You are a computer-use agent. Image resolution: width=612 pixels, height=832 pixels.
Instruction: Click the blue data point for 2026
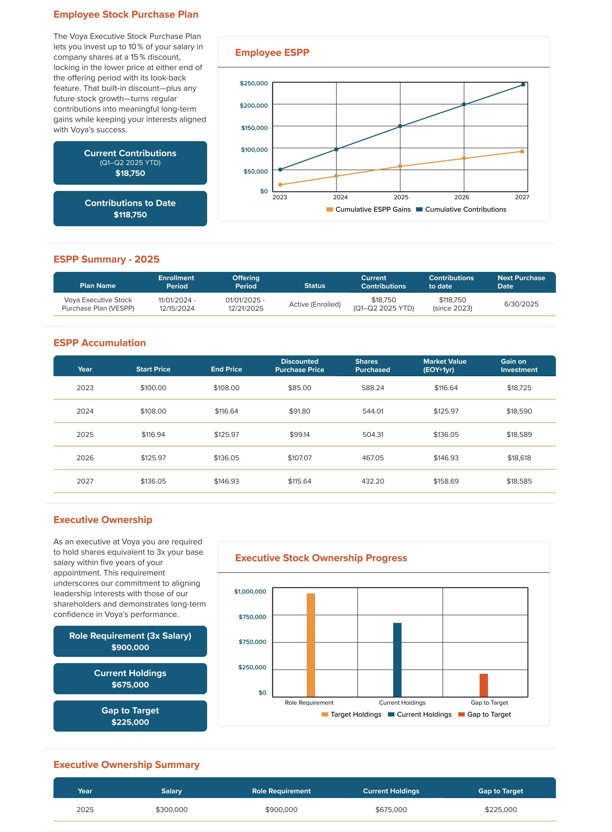pos(464,104)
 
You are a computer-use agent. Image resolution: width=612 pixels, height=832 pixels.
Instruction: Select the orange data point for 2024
pos(336,176)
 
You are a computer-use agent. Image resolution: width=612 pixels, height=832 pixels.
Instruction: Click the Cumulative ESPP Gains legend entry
pos(369,210)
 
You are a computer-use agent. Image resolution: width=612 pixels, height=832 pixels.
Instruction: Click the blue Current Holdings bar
pos(397,659)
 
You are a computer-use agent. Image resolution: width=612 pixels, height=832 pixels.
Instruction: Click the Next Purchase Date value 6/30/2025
pos(521,304)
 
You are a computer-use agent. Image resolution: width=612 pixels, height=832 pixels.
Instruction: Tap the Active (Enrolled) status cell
pos(315,304)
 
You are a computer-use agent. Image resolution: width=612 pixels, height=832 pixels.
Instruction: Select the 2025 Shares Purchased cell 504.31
pos(373,434)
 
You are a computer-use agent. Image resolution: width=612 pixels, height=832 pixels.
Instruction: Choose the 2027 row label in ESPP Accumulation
pos(85,481)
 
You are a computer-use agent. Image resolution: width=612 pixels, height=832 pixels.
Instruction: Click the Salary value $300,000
pos(172,809)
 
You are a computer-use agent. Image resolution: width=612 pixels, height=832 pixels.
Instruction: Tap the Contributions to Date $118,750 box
pos(130,209)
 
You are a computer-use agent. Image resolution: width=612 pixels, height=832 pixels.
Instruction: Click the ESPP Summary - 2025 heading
pos(106,259)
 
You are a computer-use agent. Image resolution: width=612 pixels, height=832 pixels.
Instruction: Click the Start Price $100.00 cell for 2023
pos(153,388)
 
